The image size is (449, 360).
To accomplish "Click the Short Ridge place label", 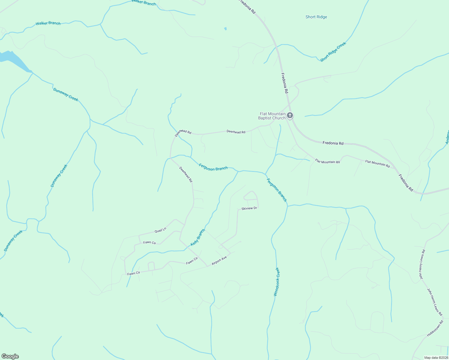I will point(316,17).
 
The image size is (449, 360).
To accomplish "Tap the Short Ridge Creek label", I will point(333,52).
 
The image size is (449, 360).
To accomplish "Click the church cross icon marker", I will point(290,115).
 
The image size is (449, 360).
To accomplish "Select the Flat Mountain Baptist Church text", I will point(272,116).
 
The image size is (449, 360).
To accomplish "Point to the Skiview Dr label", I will point(249,208).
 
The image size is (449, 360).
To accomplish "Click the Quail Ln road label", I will point(160,230).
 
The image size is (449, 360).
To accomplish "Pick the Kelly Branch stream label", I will point(198,238).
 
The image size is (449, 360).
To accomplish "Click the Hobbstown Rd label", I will point(435,329).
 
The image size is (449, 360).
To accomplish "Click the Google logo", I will point(10,356).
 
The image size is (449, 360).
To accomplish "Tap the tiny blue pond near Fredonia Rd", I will point(225,29).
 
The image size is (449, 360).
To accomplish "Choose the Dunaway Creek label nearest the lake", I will point(65,94).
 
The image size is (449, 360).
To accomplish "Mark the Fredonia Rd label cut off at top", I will point(247,7).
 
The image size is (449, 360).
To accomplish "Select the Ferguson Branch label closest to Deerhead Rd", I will point(213,168).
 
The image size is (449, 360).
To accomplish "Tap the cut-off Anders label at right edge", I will point(446,137).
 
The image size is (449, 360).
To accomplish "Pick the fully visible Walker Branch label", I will point(48,23).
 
